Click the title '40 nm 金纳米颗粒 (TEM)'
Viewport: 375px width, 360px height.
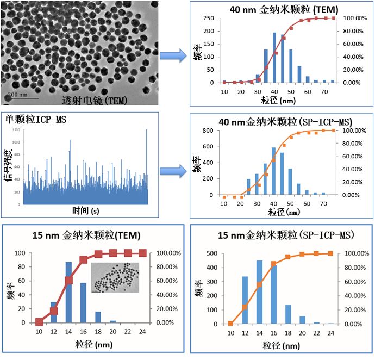coord(277,9)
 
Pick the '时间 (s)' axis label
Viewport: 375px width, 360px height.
coord(87,210)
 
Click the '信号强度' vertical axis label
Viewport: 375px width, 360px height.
coord(9,165)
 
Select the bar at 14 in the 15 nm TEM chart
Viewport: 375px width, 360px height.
coord(68,292)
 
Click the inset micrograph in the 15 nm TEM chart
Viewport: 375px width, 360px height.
coord(115,278)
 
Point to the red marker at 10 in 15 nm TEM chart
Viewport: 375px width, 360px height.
coord(39,322)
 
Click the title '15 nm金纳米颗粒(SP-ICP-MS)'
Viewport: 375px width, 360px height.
coord(281,235)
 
